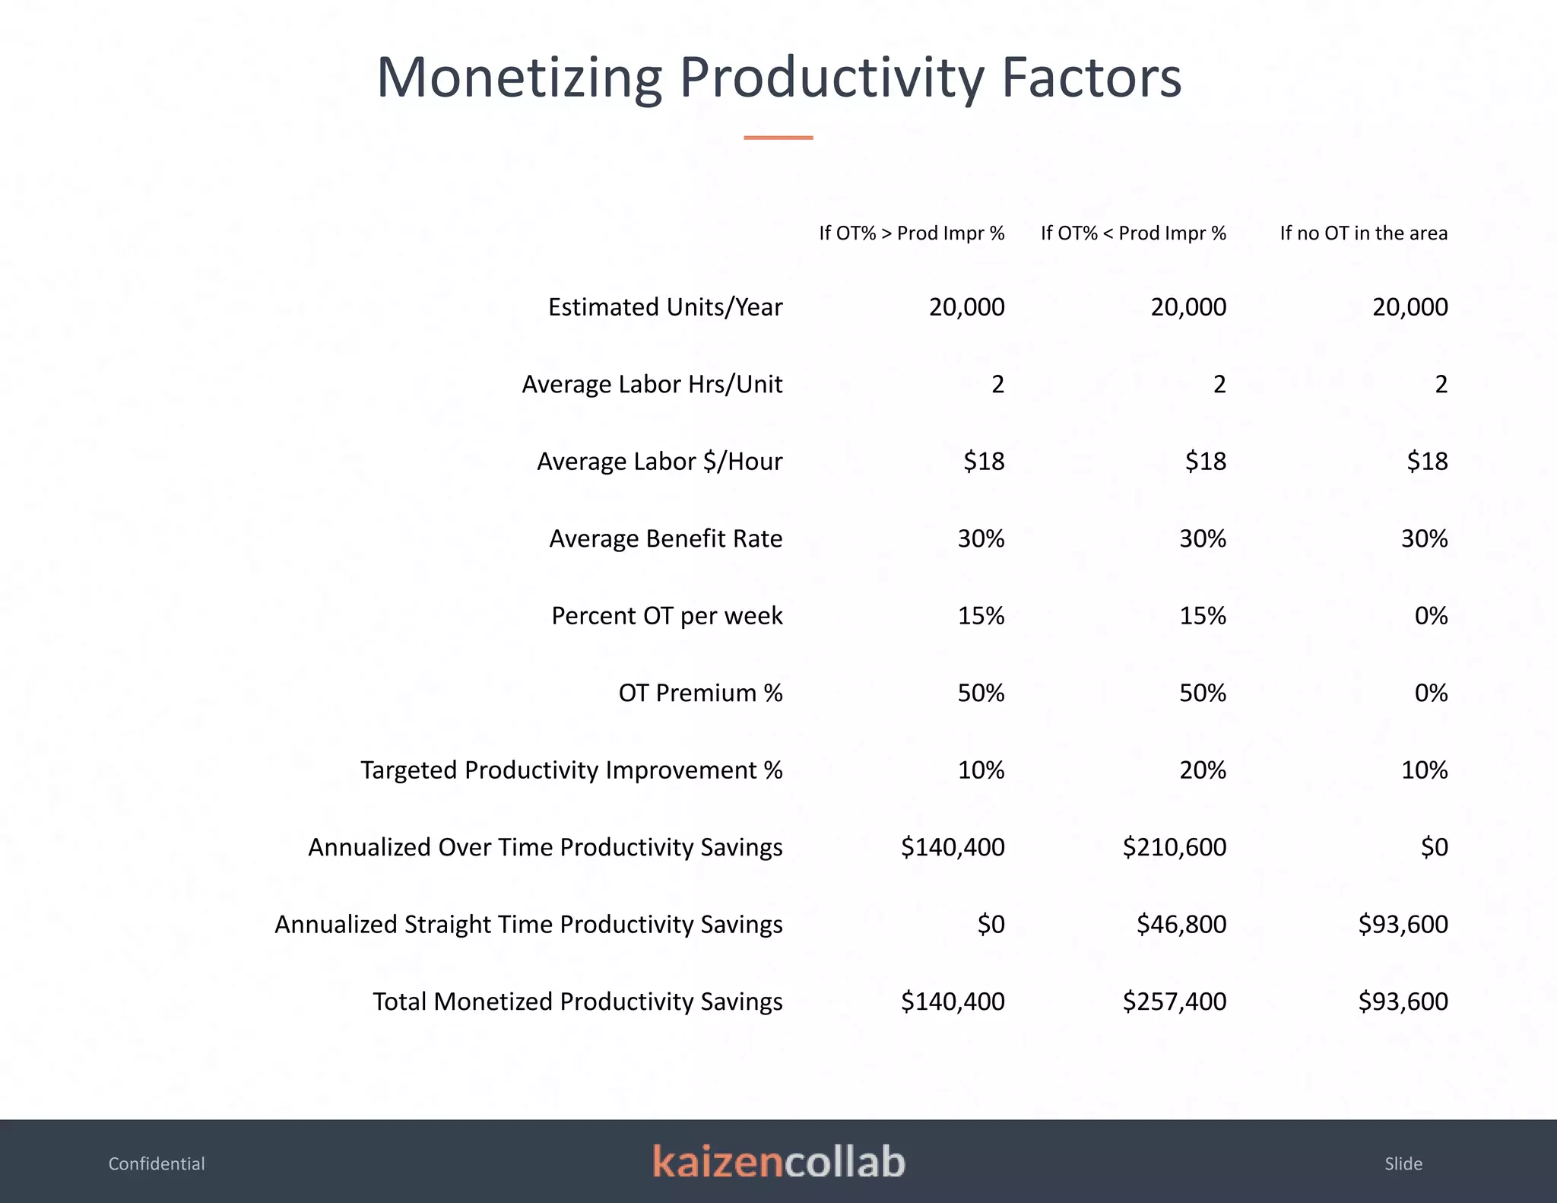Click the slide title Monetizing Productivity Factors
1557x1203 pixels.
[x=778, y=78]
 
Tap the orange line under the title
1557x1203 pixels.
[x=778, y=138]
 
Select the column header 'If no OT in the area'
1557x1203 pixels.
[x=1363, y=233]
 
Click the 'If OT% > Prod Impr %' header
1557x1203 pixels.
[x=912, y=233]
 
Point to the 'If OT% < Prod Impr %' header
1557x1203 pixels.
[x=1133, y=233]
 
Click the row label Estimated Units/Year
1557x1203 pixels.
[x=665, y=307]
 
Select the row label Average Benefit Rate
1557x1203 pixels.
[x=665, y=538]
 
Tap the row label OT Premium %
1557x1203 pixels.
[x=700, y=693]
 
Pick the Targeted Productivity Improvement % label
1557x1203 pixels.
[x=571, y=770]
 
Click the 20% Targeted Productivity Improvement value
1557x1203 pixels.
[x=1202, y=770]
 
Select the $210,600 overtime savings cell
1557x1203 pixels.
[x=1174, y=847]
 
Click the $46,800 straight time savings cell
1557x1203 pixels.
[x=1181, y=925]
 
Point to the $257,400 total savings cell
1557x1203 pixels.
[x=1174, y=1001]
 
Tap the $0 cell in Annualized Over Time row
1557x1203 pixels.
[x=1434, y=847]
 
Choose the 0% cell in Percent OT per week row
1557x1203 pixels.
[x=1431, y=616]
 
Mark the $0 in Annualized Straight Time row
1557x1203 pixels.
[x=991, y=925]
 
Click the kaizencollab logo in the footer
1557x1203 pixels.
[x=778, y=1162]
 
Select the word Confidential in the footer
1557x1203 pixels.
[x=157, y=1163]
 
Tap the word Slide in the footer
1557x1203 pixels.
[x=1403, y=1163]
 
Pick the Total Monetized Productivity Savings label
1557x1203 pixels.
[x=577, y=1001]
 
